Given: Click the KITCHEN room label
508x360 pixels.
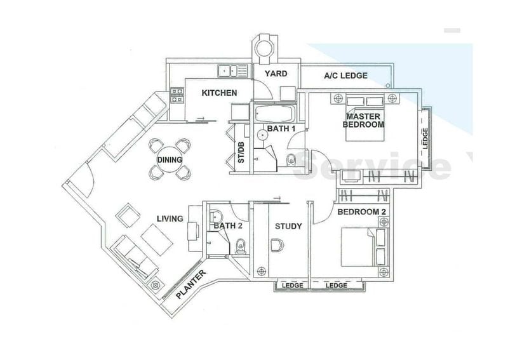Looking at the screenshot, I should tap(219, 93).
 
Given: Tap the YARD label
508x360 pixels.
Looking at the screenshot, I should tap(276, 74).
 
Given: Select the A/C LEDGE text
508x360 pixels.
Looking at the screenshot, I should tap(345, 76).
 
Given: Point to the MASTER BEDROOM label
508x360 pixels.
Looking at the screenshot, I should tap(363, 121).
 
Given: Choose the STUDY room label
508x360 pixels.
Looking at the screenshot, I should tap(288, 226).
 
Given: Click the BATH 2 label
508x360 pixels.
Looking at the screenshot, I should tap(227, 225).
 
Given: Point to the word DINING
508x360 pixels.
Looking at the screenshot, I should tap(170, 160).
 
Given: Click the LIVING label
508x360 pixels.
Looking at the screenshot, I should tap(170, 218).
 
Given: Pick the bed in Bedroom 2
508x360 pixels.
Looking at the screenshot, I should tap(359, 248).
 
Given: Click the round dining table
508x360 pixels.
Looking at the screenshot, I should tap(170, 159).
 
